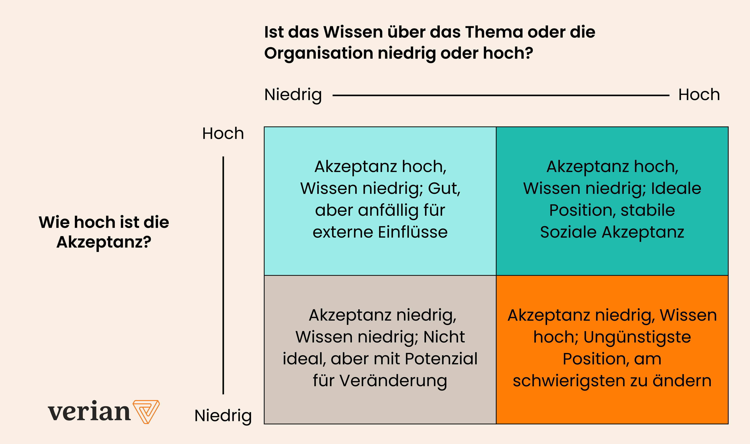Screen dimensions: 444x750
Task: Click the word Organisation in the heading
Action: click(318, 53)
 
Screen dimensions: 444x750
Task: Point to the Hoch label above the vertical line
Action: click(223, 133)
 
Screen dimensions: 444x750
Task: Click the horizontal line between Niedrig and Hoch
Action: click(501, 95)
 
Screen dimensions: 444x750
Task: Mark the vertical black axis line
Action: click(223, 275)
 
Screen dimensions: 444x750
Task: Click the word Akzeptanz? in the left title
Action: click(104, 242)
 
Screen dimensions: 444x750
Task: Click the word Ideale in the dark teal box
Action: click(676, 188)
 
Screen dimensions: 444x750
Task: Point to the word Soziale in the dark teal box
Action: click(568, 232)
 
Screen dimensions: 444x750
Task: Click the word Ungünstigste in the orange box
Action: click(637, 337)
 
